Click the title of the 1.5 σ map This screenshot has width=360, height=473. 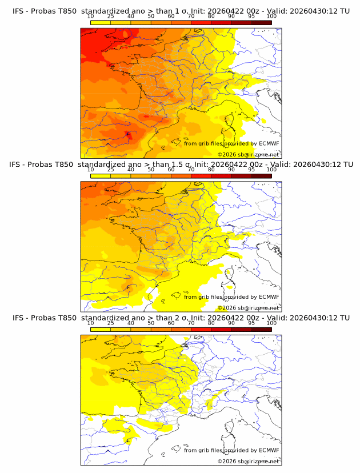pyautogui.click(x=181, y=165)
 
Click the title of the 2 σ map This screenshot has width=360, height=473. pyautogui.click(x=181, y=318)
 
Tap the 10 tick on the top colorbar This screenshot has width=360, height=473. pyautogui.click(x=90, y=17)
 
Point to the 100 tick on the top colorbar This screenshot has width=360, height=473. pyautogui.click(x=271, y=17)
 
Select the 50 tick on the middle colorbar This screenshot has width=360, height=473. pyautogui.click(x=151, y=170)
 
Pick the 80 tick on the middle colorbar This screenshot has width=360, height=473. pyautogui.click(x=211, y=170)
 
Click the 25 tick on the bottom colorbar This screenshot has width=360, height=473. pyautogui.click(x=110, y=323)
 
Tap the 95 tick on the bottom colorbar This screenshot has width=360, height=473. pyautogui.click(x=251, y=323)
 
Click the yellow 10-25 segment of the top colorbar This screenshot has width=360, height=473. pyautogui.click(x=101, y=22)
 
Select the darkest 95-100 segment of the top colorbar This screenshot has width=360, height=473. pyautogui.click(x=262, y=22)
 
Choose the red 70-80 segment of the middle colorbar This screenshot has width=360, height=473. pyautogui.click(x=201, y=175)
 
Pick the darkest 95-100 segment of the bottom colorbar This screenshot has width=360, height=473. pyautogui.click(x=262, y=328)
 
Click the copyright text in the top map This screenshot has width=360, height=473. pyautogui.click(x=248, y=154)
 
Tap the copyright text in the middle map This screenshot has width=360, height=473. pyautogui.click(x=248, y=307)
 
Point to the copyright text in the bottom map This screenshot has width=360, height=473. pyautogui.click(x=248, y=461)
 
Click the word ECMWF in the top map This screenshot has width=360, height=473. pyautogui.click(x=269, y=144)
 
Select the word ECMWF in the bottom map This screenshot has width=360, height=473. pyautogui.click(x=269, y=450)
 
